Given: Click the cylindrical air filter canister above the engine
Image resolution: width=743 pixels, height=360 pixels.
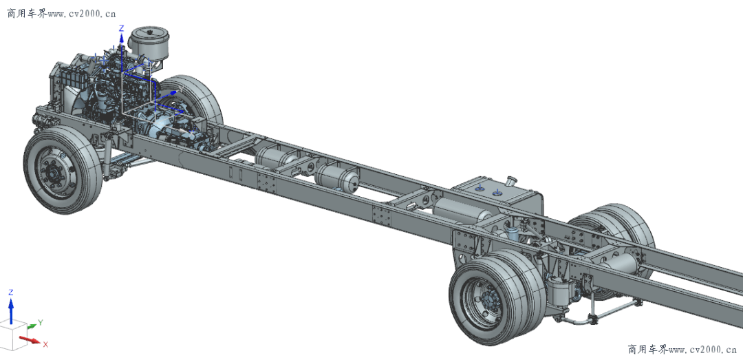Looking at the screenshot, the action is click(147, 42).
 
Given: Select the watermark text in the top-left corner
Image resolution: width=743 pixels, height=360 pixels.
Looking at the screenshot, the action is click(61, 14).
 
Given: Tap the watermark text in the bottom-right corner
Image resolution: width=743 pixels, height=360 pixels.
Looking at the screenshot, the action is click(682, 350).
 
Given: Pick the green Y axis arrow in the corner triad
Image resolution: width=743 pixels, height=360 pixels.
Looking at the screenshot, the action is click(31, 326).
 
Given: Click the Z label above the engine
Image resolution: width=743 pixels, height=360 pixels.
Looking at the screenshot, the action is click(121, 28).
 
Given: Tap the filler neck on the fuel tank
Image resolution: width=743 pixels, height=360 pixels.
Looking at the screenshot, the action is click(510, 181).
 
